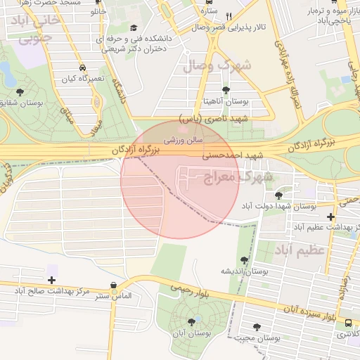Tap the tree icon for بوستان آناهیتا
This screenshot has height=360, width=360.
pyautogui.click(x=226, y=91)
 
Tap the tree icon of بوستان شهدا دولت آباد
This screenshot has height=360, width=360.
pyautogui.click(x=279, y=195)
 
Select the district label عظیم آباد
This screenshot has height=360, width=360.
pyautogui.click(x=303, y=250)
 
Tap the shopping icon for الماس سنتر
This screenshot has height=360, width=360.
pyautogui.click(x=114, y=285)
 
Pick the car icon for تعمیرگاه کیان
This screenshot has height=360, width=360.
pyautogui.click(x=83, y=67)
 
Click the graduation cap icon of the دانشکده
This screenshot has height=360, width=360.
pyautogui.click(x=134, y=27)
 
